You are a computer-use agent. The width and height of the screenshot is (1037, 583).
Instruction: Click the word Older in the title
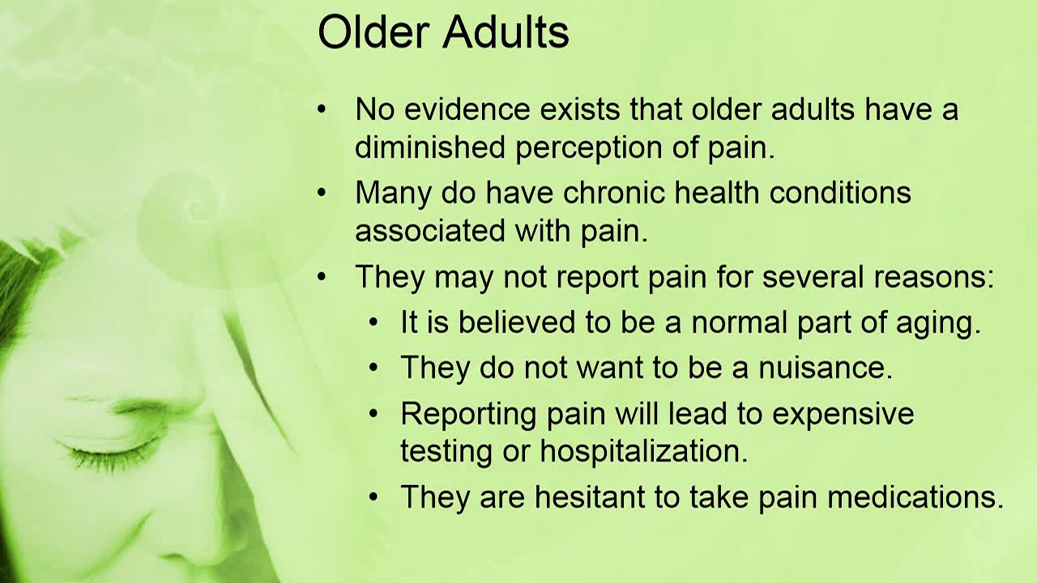coord(371,33)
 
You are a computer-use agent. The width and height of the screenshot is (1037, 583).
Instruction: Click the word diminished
coord(429,147)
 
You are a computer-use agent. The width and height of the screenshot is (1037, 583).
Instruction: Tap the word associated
coord(429,231)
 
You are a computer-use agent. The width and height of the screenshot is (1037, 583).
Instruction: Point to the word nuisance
coord(825,368)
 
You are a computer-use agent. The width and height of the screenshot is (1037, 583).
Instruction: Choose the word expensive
coord(843,415)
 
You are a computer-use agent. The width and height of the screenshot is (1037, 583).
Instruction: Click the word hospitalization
coord(643,452)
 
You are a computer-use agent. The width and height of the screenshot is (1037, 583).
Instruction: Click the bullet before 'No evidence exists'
coord(322,109)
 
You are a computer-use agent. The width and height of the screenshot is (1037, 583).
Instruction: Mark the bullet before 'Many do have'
coord(322,193)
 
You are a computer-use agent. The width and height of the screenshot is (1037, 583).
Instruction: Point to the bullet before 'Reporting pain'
coord(373,414)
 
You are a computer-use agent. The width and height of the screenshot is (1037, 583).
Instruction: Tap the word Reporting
coord(468,415)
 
